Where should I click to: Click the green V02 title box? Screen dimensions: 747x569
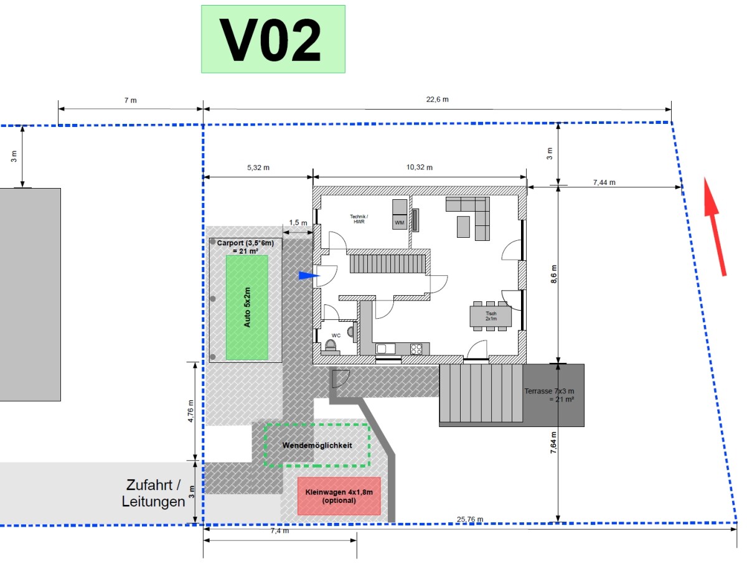273,39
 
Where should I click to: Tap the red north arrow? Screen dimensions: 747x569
715,227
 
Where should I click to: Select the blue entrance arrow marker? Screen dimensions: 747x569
309,276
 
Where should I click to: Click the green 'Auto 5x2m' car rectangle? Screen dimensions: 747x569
247,308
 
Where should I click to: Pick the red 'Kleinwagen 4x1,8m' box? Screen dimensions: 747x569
339,496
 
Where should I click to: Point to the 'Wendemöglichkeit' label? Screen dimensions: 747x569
317,446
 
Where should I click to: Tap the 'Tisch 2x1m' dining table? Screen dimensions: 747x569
491,316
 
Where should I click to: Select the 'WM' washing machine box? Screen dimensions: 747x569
400,222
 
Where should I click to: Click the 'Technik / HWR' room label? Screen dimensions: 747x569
359,219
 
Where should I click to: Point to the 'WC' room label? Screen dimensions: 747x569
336,335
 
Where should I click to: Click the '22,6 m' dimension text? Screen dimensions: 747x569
438,100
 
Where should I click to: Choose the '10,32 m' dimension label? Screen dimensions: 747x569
420,167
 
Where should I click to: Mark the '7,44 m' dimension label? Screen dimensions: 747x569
604,182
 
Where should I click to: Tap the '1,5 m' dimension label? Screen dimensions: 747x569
298,223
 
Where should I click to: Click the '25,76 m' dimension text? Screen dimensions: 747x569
469,519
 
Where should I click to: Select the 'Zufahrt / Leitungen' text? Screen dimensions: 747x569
153,493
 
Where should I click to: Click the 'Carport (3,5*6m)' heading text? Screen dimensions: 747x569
245,243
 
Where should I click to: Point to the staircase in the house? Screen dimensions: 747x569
388,264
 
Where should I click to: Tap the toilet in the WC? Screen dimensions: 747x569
331,346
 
